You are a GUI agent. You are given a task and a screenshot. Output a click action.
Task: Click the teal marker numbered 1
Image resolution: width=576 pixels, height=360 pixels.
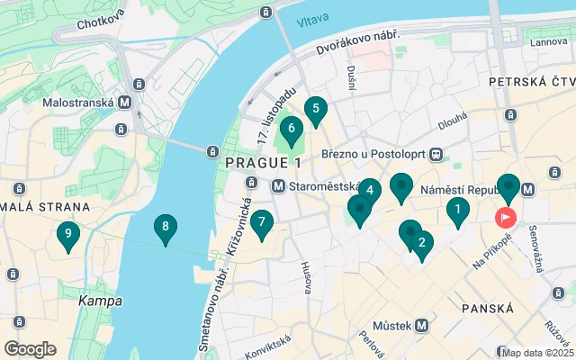point(458,212)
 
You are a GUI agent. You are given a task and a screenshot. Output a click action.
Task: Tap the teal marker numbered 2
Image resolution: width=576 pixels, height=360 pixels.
point(421,242)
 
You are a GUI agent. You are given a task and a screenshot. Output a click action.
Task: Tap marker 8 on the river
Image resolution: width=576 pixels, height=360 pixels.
point(164,229)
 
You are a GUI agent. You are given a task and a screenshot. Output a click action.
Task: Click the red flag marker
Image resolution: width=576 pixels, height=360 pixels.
point(505,217)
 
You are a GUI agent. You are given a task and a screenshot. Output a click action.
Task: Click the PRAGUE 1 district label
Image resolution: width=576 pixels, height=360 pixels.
point(264,163)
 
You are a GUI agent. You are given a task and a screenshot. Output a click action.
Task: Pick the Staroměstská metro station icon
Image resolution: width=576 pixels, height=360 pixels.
point(279,186)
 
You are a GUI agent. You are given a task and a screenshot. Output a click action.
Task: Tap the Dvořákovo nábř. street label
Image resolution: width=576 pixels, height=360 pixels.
point(355,41)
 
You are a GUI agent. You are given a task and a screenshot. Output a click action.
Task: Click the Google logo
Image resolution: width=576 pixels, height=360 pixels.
point(30,348)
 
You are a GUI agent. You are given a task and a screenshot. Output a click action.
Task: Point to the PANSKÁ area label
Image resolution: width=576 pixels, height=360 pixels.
point(487,309)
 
